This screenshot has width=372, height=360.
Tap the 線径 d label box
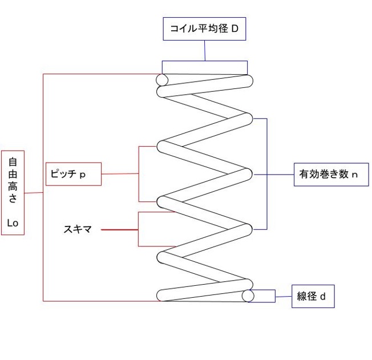point(313,297)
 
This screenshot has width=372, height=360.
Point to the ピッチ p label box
point(73,174)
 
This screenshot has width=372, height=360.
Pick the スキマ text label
point(78,230)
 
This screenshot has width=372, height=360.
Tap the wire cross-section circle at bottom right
point(248,296)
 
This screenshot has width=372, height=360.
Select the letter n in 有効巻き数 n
point(354,175)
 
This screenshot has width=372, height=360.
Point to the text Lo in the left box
point(13,223)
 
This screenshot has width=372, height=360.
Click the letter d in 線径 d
point(323,297)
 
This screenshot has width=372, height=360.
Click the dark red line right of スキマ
point(120,230)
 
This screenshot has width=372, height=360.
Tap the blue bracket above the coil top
point(205,62)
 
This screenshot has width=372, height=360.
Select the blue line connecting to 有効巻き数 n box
point(280,175)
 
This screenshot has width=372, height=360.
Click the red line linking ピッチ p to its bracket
point(120,173)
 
